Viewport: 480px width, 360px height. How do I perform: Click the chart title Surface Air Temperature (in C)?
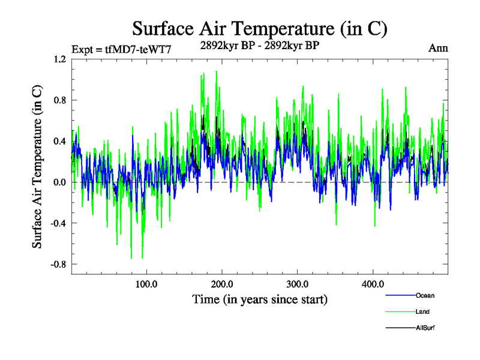click(x=259, y=29)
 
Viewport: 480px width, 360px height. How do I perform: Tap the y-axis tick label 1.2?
click(x=60, y=59)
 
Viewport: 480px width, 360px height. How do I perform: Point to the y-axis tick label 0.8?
click(x=60, y=100)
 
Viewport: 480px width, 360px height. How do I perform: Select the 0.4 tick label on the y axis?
click(x=60, y=142)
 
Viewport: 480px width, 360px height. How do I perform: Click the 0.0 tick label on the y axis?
click(x=60, y=182)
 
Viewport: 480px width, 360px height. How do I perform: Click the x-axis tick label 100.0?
click(x=146, y=284)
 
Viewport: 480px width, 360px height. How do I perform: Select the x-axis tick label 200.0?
click(x=222, y=284)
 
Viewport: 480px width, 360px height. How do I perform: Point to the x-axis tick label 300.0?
click(x=298, y=284)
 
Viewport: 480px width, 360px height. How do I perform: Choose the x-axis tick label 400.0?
click(x=373, y=284)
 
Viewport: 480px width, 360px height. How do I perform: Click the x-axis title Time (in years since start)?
click(x=260, y=299)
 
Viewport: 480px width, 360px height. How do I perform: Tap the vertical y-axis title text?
click(x=37, y=166)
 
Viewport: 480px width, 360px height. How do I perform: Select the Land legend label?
click(x=422, y=312)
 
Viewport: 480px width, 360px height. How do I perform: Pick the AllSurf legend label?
click(x=425, y=328)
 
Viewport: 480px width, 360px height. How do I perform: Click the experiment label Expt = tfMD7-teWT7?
click(x=122, y=49)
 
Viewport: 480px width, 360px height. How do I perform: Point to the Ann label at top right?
click(x=438, y=48)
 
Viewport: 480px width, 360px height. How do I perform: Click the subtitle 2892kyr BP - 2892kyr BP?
click(x=259, y=45)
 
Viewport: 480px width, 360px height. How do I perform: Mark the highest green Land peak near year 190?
click(x=216, y=71)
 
